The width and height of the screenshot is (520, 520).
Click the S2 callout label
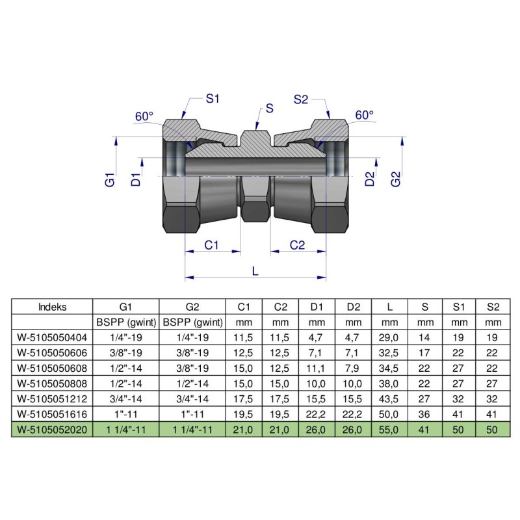(x=300, y=99)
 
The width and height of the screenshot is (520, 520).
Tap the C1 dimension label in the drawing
(x=212, y=245)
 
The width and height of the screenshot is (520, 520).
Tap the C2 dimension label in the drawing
(x=297, y=245)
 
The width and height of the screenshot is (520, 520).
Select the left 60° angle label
(x=144, y=116)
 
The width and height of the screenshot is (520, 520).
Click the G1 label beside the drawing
(x=110, y=179)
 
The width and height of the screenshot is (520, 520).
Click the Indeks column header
(x=53, y=307)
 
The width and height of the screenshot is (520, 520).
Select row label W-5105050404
(x=53, y=337)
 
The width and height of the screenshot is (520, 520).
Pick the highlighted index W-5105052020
(x=53, y=429)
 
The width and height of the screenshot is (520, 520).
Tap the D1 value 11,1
(x=317, y=367)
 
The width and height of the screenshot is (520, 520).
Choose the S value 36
(x=425, y=413)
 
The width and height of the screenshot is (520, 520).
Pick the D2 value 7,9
(x=353, y=367)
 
